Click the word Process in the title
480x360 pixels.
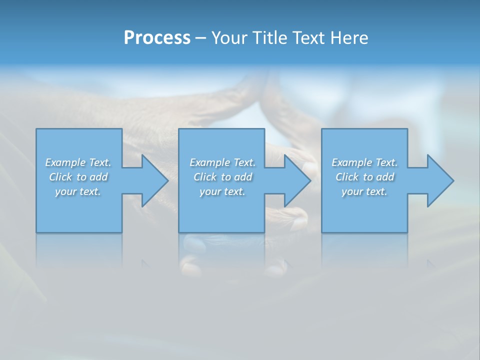coord(157,38)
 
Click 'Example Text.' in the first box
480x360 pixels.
coord(78,162)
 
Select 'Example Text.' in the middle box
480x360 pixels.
coord(222,162)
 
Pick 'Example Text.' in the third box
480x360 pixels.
coord(364,162)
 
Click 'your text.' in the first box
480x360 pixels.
coord(78,191)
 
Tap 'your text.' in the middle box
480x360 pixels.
coord(222,191)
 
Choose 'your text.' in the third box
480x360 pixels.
coord(364,191)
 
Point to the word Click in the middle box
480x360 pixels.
coord(205,177)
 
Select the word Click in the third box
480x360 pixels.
coord(347,177)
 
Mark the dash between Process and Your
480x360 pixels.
coord(200,38)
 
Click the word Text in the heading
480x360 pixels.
coord(306,38)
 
